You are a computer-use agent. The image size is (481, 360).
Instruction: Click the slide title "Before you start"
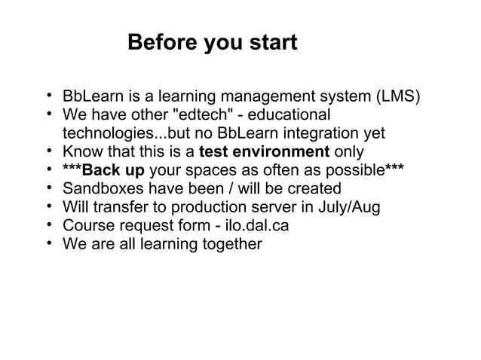[213, 42]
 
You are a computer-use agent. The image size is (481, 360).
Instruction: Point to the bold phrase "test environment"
[263, 152]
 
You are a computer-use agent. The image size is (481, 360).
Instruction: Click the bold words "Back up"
[113, 170]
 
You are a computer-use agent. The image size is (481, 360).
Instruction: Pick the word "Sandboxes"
[100, 188]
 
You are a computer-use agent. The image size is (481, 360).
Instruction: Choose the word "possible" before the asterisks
[353, 170]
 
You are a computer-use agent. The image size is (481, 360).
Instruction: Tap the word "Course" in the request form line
[88, 224]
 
